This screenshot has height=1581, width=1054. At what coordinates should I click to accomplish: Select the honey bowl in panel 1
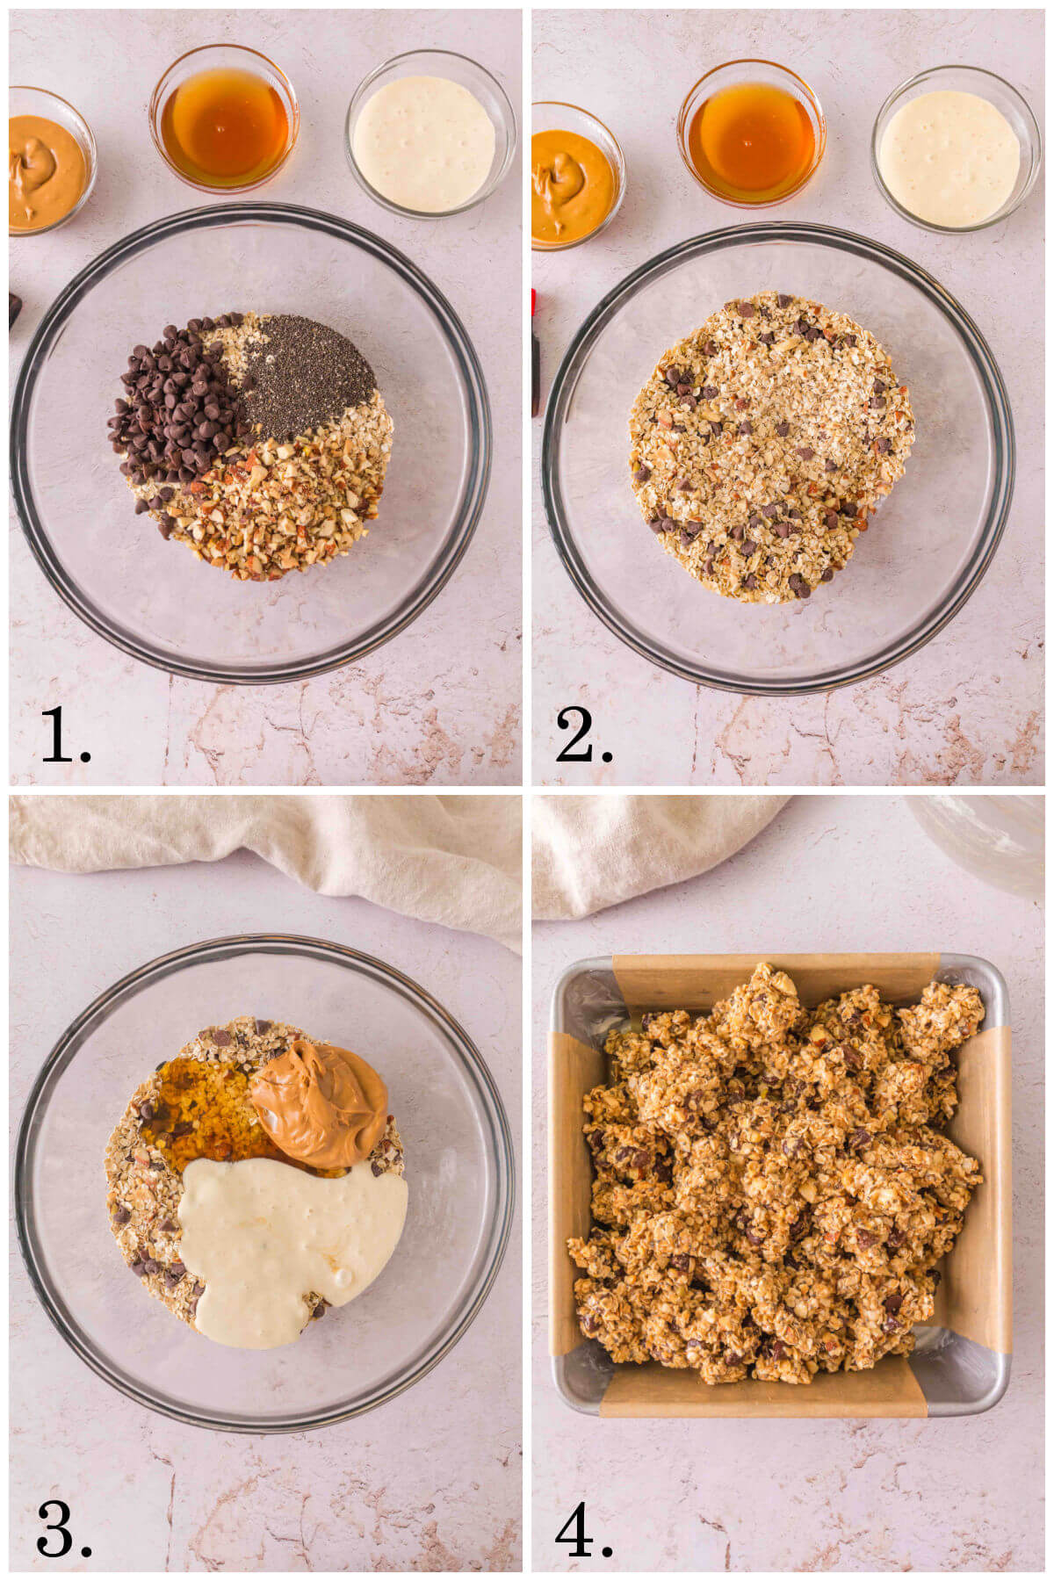(x=225, y=123)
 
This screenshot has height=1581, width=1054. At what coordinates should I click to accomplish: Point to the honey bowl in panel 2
(x=751, y=136)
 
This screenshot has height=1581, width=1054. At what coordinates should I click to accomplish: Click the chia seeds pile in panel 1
(x=303, y=373)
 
